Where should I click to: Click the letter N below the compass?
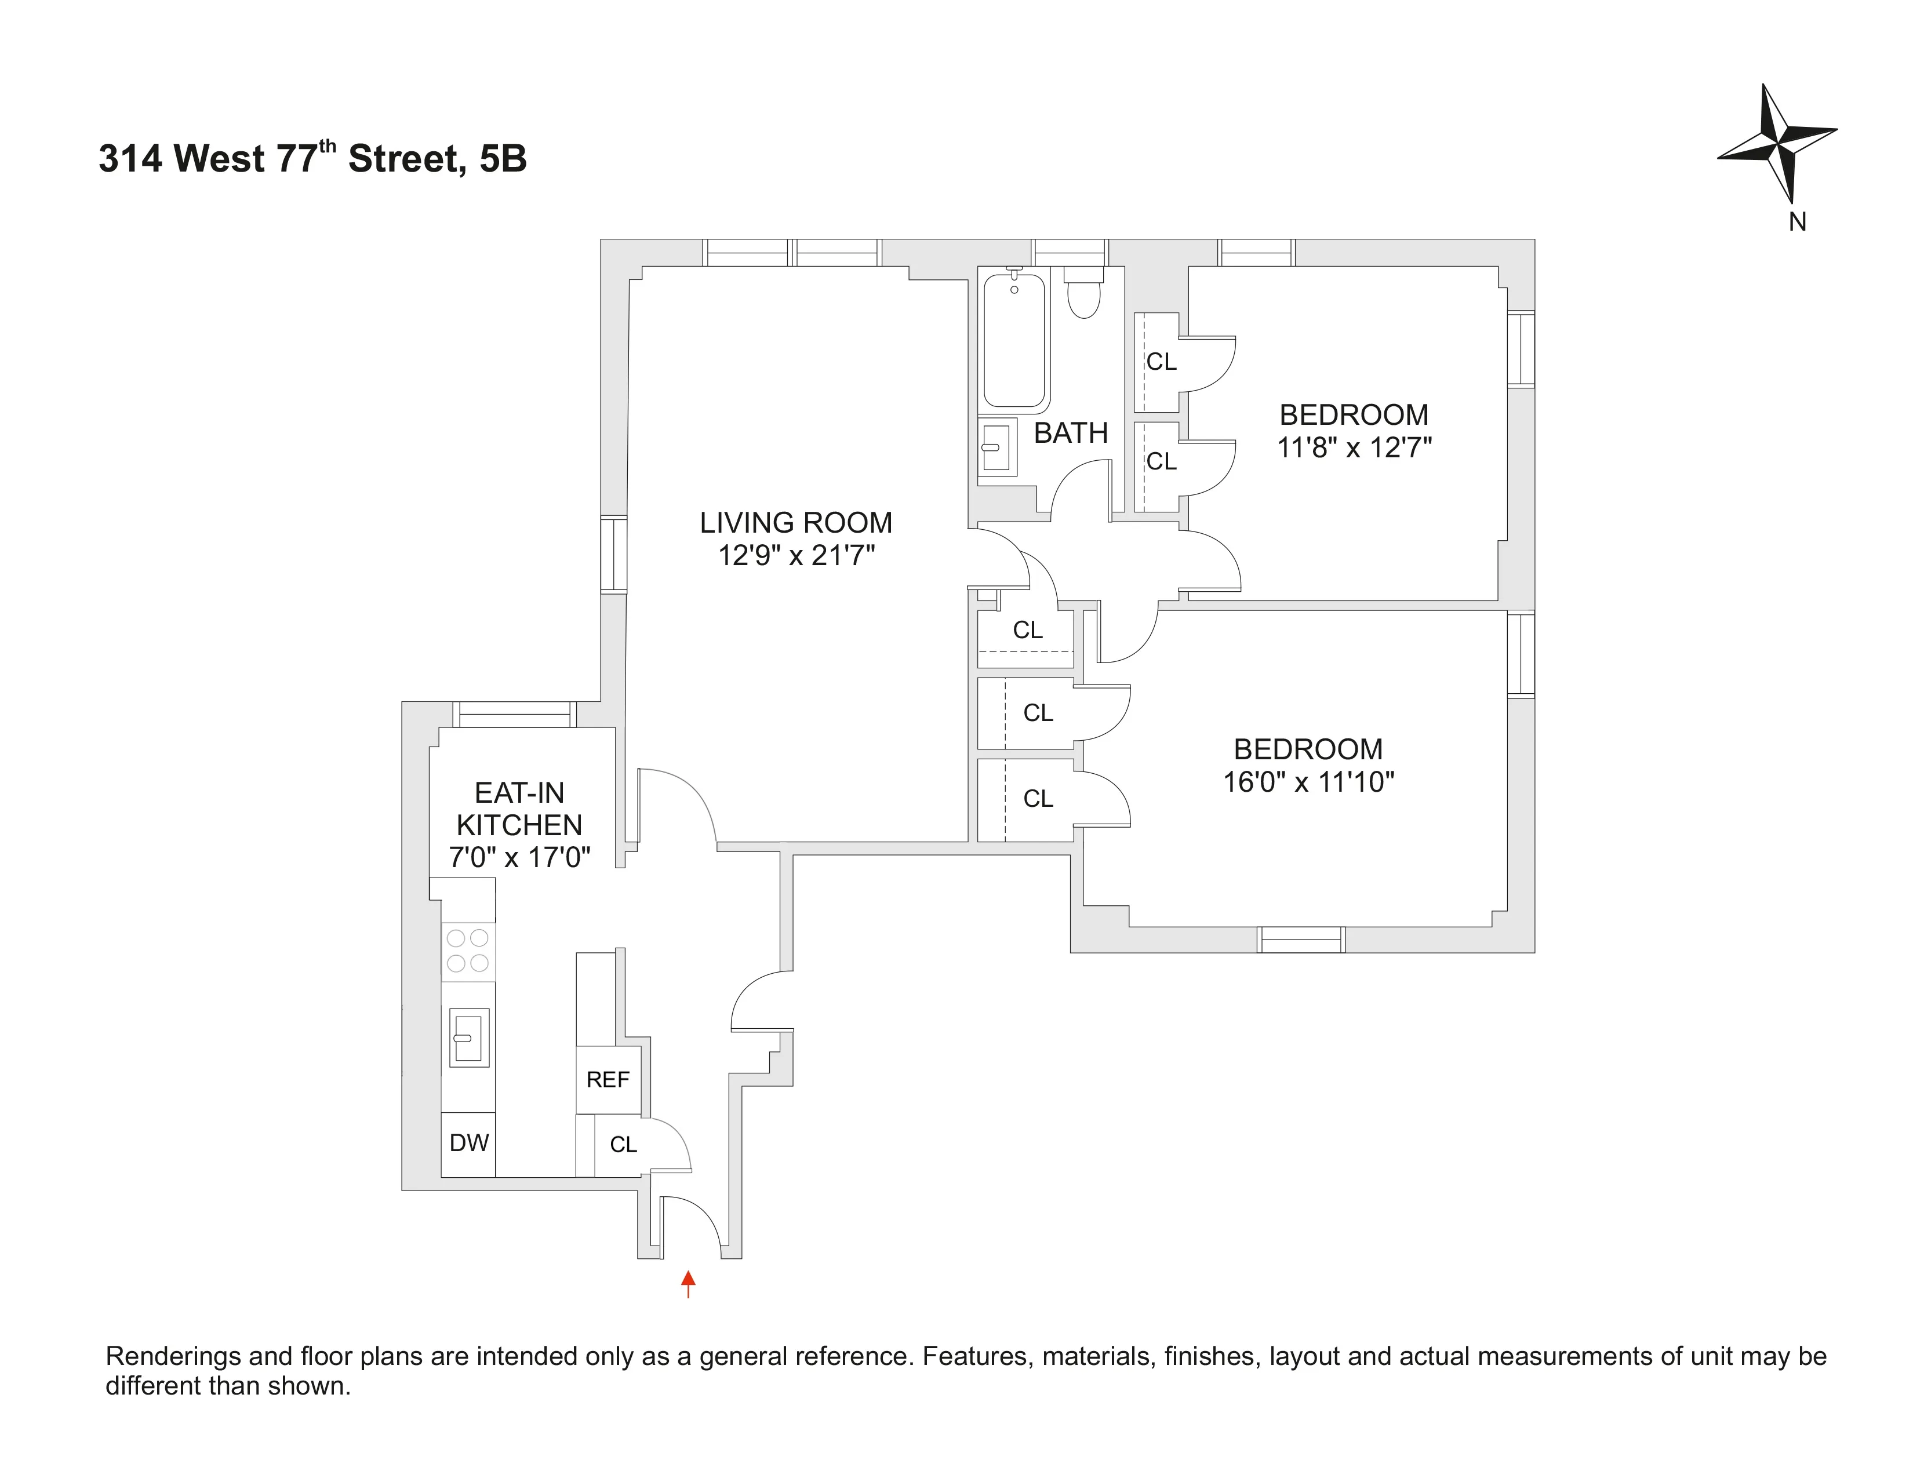click(x=1798, y=223)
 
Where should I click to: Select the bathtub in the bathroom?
click(x=1014, y=341)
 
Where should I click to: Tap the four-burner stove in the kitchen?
click(x=468, y=951)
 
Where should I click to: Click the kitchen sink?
click(x=468, y=1037)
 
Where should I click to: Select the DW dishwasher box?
click(x=468, y=1142)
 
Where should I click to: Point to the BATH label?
click(x=1070, y=432)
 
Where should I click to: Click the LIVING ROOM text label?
click(x=795, y=523)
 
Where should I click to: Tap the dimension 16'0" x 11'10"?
click(x=1308, y=781)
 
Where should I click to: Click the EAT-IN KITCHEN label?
click(x=519, y=808)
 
